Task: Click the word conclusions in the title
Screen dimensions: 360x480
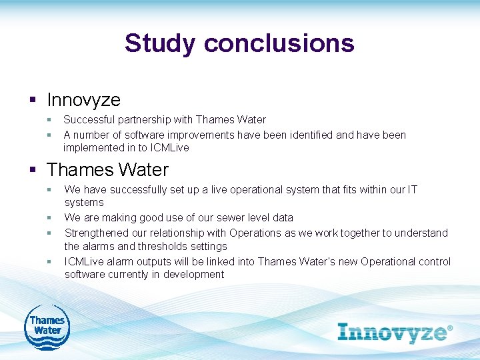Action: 279,43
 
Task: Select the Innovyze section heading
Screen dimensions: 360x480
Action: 83,100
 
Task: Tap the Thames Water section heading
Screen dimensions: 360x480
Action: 108,169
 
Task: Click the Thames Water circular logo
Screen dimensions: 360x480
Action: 47,326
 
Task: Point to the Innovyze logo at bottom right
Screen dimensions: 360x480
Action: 395,332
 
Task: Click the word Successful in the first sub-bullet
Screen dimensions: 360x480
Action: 88,120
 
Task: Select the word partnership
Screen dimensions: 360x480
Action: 141,120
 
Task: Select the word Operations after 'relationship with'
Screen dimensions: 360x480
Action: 255,233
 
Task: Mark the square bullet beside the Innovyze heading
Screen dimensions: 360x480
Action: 32,101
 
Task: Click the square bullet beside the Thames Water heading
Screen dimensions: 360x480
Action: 32,170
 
